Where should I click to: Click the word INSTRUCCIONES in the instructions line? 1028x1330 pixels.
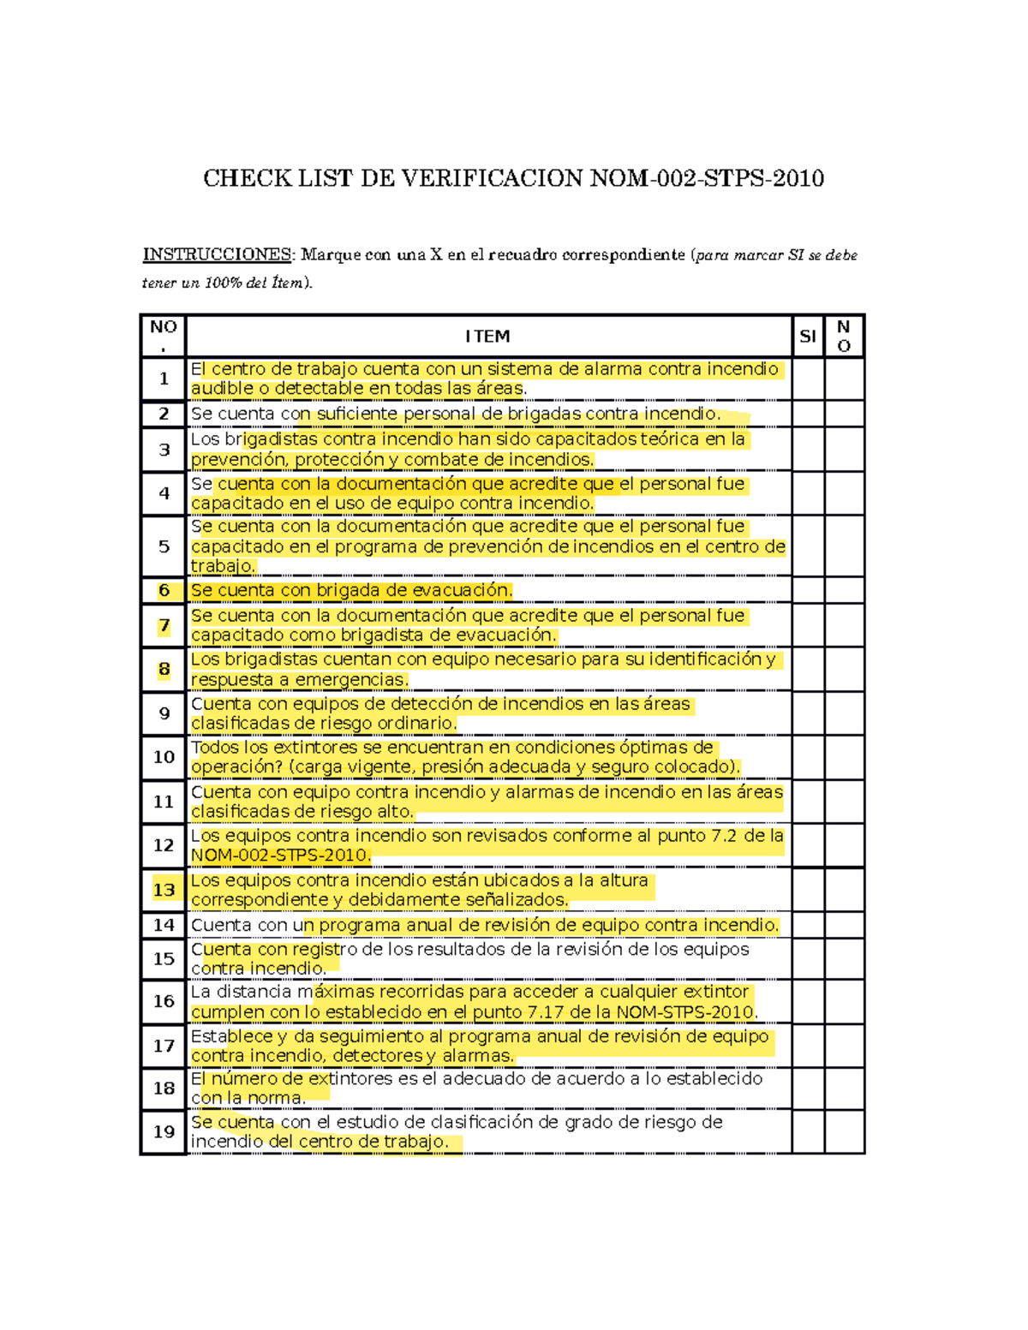point(216,254)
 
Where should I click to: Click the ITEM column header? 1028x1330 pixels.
point(487,337)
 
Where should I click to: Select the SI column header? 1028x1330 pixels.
point(807,337)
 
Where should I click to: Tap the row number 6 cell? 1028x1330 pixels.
point(164,590)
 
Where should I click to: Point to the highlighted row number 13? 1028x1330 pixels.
point(164,890)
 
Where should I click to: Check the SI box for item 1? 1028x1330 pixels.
point(808,379)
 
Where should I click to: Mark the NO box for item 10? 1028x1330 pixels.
point(844,757)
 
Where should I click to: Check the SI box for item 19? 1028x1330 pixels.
point(808,1131)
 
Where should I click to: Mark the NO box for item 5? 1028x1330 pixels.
point(844,546)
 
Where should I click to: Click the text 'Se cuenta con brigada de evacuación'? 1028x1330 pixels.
point(351,590)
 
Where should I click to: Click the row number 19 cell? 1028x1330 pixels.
point(164,1131)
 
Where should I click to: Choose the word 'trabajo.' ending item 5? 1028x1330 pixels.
point(223,566)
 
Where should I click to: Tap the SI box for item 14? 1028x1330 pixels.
point(808,925)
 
